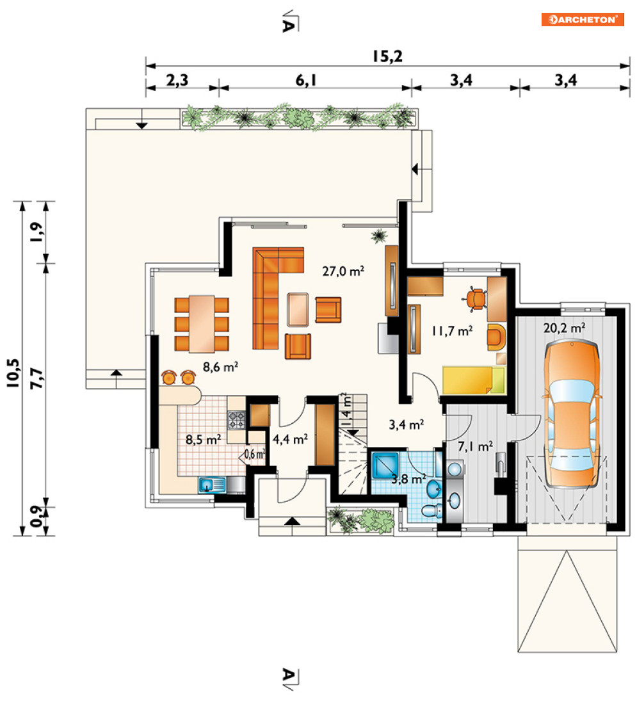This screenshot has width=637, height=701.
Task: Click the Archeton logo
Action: [x=583, y=20]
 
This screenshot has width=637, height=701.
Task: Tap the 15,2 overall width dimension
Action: [x=387, y=56]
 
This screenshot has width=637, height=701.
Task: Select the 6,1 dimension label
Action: [x=306, y=80]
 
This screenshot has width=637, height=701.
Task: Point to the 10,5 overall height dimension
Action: [x=13, y=373]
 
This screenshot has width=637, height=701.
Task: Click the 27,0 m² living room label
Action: [x=343, y=271]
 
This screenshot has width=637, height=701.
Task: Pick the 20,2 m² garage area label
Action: [x=564, y=328]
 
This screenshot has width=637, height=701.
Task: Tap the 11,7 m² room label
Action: [x=452, y=331]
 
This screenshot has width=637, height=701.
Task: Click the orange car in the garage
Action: [x=571, y=414]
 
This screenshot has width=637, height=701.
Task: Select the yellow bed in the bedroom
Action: [x=474, y=380]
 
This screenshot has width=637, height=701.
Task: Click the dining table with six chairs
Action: [x=202, y=324]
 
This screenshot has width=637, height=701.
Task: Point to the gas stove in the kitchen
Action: [x=236, y=420]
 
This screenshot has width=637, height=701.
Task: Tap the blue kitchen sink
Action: [x=212, y=485]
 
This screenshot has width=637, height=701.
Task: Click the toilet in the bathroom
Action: [x=432, y=511]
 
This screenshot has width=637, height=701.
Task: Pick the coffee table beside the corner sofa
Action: [x=298, y=309]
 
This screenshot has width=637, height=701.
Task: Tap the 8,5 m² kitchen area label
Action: [x=204, y=439]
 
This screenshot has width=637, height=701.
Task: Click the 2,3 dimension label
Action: [x=177, y=80]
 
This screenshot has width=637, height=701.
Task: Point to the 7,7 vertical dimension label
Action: [x=36, y=378]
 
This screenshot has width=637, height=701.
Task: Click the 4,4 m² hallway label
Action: [x=290, y=439]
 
